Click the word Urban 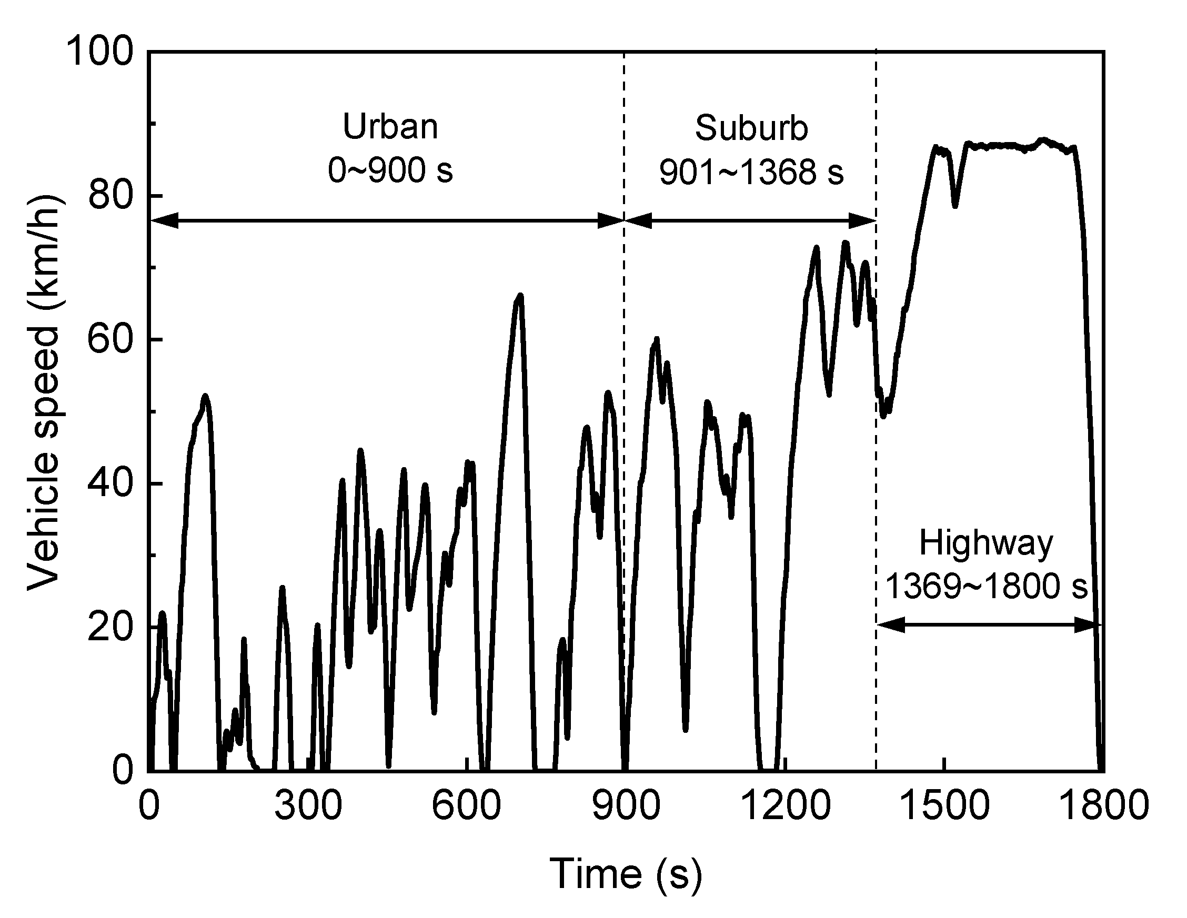coord(390,127)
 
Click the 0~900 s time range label coord(390,170)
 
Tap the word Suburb coord(752,129)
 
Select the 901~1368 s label coord(752,173)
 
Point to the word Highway coord(986,543)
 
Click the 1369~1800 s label coord(986,587)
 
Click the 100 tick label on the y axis coord(99,52)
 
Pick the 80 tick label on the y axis coord(110,196)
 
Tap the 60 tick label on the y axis coord(110,340)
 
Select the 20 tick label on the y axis coord(110,627)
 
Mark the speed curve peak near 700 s coord(520,296)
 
